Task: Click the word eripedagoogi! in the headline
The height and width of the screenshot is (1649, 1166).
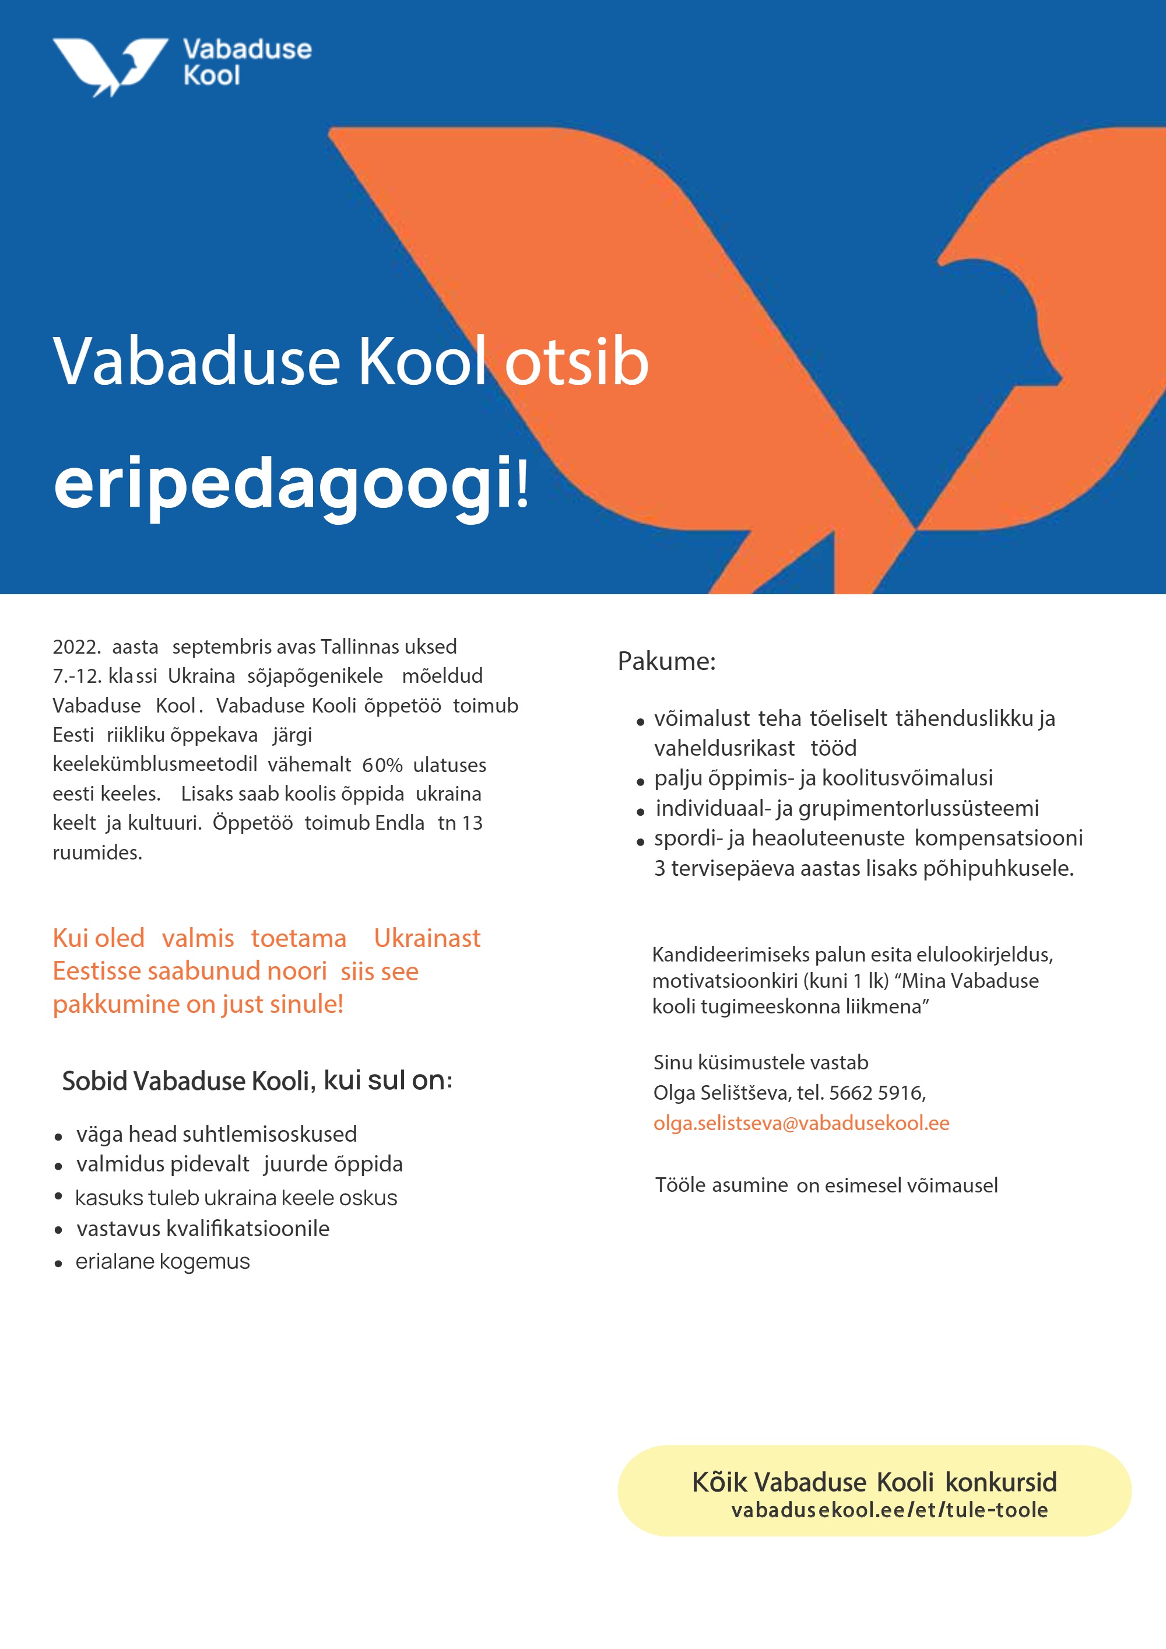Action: click(291, 484)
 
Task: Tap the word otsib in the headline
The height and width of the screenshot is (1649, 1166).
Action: click(577, 362)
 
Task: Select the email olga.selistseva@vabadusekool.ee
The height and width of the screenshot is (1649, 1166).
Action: click(800, 1122)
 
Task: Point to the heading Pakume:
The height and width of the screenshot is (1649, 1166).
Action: click(666, 661)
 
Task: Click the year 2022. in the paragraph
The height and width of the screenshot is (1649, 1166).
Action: click(76, 647)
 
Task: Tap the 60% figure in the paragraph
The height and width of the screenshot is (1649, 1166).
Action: click(382, 765)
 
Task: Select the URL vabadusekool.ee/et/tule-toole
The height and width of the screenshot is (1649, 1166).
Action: click(889, 1510)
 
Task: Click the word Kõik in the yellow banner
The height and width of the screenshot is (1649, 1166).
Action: click(719, 1482)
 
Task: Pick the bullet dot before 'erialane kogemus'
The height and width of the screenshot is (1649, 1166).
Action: click(59, 1264)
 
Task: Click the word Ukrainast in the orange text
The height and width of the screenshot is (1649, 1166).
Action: click(427, 938)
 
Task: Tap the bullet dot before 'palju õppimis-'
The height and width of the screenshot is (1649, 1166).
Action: click(641, 781)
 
